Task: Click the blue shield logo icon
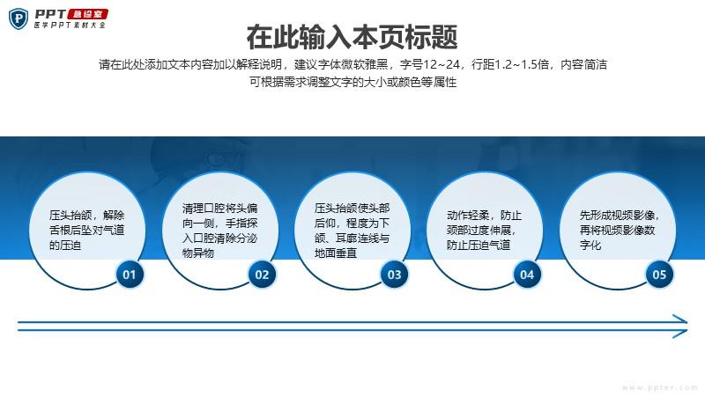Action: pos(19,18)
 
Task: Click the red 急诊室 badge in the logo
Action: pos(87,14)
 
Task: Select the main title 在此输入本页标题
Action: pos(352,37)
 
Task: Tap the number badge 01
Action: pos(130,275)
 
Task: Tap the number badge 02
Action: pos(262,275)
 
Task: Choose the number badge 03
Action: pos(394,275)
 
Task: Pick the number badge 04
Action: pos(527,275)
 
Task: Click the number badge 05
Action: pos(659,275)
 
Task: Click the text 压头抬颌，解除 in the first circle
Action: pos(86,215)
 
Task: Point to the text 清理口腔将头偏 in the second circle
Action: pos(219,208)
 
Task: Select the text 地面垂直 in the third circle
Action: pos(336,253)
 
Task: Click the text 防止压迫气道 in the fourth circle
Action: pos(479,245)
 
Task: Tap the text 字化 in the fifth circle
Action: pos(590,245)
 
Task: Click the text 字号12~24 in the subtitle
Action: pos(430,64)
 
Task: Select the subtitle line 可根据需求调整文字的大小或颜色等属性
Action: pos(353,82)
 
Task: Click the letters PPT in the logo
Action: pos(50,14)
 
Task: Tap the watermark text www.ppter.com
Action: pos(660,387)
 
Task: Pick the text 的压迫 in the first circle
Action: pos(65,246)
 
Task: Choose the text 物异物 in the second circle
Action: pos(197,253)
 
